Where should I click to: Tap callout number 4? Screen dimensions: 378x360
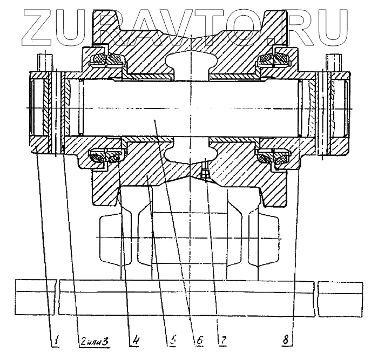click(136, 340)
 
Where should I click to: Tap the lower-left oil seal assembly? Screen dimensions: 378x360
click(104, 158)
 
